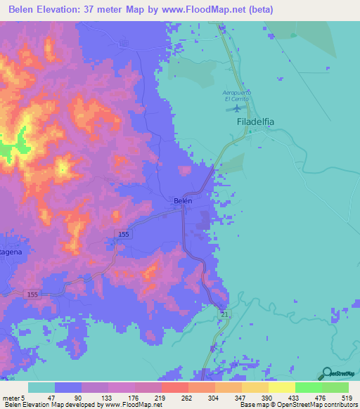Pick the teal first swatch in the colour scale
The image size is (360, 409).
41,387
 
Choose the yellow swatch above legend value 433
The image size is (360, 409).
281,387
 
